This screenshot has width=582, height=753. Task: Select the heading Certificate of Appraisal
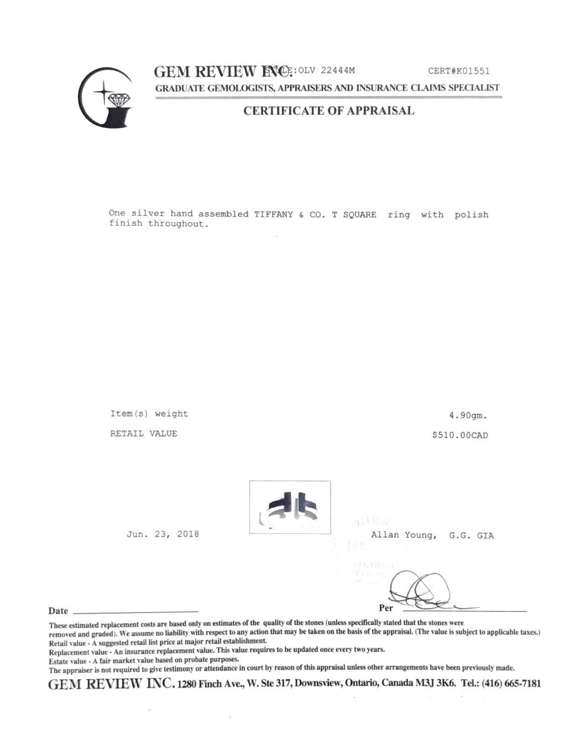329,110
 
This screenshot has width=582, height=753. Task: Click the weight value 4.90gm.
469,415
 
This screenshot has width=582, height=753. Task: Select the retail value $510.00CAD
460,435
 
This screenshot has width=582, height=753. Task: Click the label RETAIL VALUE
143,434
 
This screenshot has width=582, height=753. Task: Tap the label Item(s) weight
149,414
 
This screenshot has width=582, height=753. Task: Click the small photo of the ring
290,507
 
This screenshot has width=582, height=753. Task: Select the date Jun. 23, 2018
163,534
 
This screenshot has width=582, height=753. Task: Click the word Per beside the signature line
386,608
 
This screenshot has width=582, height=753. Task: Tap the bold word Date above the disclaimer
58,611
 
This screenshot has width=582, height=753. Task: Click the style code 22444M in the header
338,70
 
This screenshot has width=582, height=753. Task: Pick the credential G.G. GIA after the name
471,535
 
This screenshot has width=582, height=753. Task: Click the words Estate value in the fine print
67,660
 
